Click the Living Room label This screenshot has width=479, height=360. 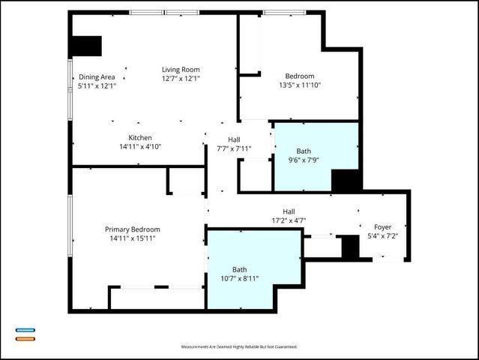click(181, 69)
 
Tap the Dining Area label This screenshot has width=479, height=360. click(97, 76)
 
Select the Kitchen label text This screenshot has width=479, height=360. click(140, 138)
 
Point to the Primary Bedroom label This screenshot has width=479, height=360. click(132, 229)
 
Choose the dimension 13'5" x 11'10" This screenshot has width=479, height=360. click(299, 85)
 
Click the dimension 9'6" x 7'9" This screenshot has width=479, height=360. click(304, 160)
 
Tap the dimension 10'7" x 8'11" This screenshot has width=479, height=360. click(239, 279)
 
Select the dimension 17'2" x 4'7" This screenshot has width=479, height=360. click(289, 220)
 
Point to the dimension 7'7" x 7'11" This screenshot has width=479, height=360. click(234, 148)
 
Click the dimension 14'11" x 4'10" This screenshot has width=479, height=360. click(140, 146)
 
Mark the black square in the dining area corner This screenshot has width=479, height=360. click(85, 45)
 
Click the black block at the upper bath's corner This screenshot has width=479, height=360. click(346, 181)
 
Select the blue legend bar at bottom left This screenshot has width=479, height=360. click(25, 330)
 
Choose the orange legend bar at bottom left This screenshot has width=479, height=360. click(25, 338)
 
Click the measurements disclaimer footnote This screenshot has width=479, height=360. click(239, 347)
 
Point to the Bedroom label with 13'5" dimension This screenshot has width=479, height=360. click(299, 76)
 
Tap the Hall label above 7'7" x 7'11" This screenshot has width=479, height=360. click(234, 139)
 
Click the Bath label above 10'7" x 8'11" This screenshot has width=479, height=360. click(239, 270)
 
